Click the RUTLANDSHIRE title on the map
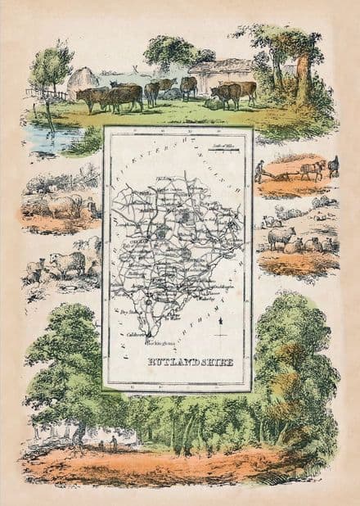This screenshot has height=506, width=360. coord(178,360)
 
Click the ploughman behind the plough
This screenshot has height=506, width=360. coord(259,170)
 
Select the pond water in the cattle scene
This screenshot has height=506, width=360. coord(49,138)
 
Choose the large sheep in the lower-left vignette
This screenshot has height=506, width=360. coord(67,262)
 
